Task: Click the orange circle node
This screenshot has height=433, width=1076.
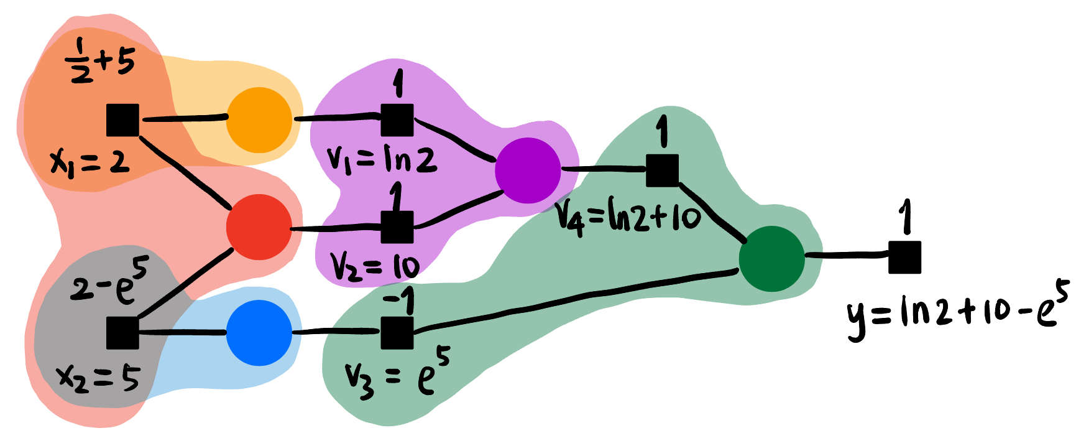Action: [259, 120]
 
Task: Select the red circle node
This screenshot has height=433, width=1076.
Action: [259, 227]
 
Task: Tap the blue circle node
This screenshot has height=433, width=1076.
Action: [259, 333]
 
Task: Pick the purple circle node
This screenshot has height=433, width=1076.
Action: [528, 170]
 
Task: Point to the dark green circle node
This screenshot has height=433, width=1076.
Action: [771, 258]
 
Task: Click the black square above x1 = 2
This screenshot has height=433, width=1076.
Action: [122, 120]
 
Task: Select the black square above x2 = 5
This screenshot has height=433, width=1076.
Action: [122, 333]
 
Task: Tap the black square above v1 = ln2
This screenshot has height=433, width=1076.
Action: [397, 119]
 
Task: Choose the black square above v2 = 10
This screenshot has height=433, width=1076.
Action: [397, 226]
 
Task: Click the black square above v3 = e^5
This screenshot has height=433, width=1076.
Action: [397, 333]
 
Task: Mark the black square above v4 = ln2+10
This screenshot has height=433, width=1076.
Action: [662, 170]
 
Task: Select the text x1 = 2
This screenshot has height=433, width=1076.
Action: [90, 164]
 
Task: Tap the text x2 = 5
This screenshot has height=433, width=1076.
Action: [98, 378]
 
